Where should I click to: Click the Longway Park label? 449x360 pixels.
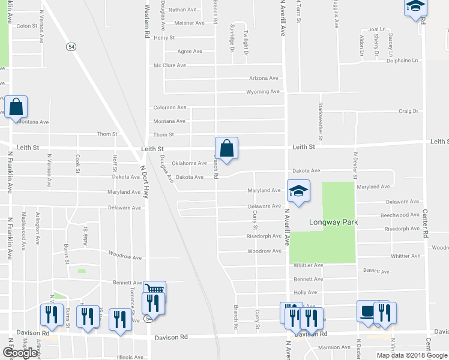coord(334,222)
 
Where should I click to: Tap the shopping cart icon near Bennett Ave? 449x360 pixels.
coord(155,290)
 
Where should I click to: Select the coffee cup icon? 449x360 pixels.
coord(366,311)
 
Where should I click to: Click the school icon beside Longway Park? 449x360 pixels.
coord(298,190)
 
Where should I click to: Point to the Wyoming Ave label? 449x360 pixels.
coord(263,92)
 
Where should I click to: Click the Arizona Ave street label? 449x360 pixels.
coord(264,78)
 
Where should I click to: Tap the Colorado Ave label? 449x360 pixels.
coord(169,107)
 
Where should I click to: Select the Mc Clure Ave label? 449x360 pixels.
coord(170,65)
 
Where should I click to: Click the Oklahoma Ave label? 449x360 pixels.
coord(189,163)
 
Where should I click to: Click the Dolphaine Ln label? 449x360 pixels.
coord(402,61)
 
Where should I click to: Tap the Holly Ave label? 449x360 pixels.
coord(305,292)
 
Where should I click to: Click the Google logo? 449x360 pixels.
coord(20,353)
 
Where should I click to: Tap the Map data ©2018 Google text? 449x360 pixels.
coord(412,355)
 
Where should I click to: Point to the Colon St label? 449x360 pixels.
coord(27,26)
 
